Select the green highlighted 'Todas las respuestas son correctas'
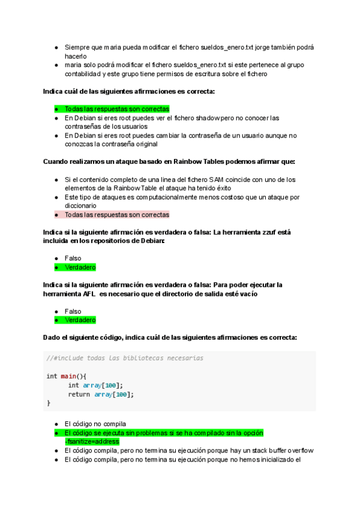pos(117,109)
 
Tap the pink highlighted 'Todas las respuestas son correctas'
pos(117,214)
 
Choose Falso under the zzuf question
pos(73,259)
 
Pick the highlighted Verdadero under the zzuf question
pos(80,268)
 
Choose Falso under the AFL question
pos(73,312)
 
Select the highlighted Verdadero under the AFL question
pos(80,321)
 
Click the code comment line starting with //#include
pos(125,358)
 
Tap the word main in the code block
pos(69,376)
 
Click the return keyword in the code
pos(79,394)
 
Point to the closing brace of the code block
pos(49,403)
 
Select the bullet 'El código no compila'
pos(95,424)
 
